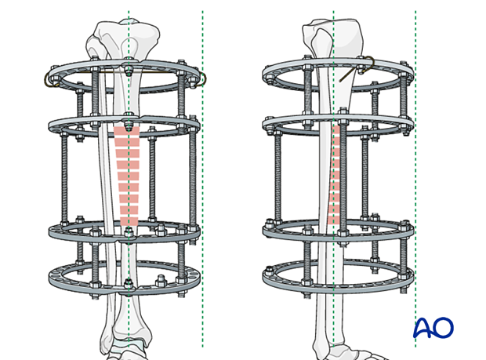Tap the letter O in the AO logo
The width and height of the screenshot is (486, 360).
pyautogui.click(x=444, y=327)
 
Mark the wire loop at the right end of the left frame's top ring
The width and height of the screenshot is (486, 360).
pyautogui.click(x=204, y=80)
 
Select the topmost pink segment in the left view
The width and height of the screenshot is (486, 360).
pyautogui.click(x=127, y=131)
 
